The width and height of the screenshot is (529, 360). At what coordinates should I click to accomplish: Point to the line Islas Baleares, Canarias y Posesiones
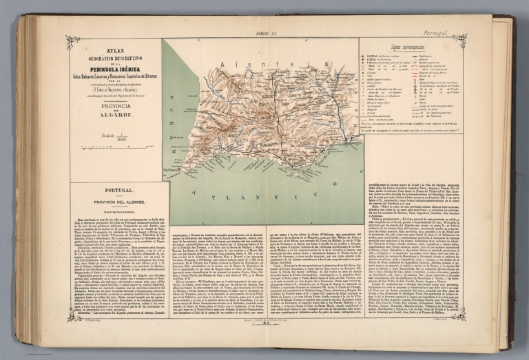tap(115, 76)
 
